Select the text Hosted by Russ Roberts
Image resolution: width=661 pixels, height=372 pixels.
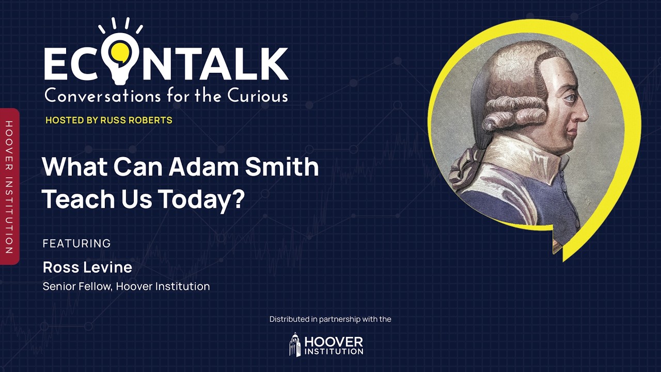click(109, 120)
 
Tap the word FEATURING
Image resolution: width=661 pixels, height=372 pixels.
click(77, 243)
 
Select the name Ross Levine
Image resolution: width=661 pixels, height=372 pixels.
click(87, 267)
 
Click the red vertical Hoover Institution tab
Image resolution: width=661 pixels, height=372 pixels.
click(9, 187)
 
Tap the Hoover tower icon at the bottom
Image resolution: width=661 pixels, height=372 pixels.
click(295, 344)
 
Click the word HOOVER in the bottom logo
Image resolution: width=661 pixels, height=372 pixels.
click(334, 342)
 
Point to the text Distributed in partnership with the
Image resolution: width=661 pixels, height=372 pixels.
click(330, 319)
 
